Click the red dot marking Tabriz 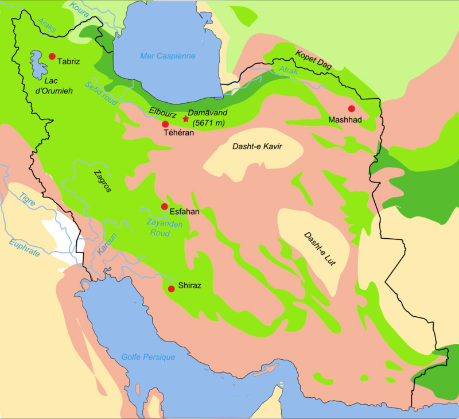pos(52,56)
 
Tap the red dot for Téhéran pos(165,124)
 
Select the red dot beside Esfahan pos(164,207)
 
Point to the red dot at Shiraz pos(171,289)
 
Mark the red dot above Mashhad pos(351,108)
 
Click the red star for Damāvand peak pos(185,119)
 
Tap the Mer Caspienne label pos(168,56)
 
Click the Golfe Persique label pos(148,357)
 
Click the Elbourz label pos(162,113)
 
